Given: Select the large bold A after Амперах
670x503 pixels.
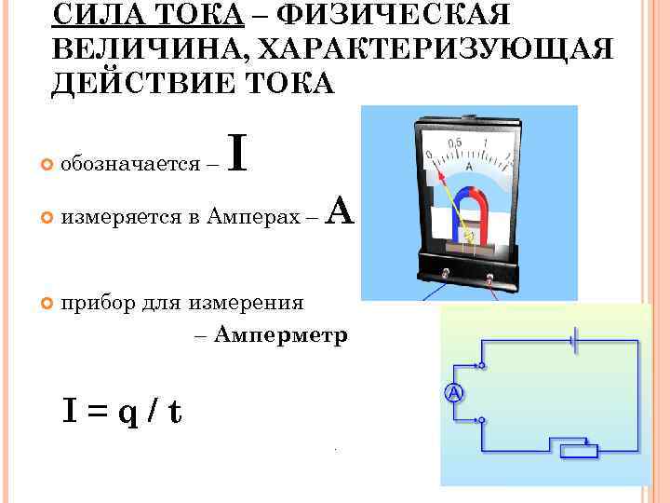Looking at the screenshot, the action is click(x=342, y=213).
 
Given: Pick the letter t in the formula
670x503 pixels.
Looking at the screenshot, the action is click(x=174, y=411).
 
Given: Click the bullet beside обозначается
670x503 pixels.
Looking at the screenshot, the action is click(x=46, y=165).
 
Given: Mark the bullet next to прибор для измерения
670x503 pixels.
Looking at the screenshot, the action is click(x=46, y=303).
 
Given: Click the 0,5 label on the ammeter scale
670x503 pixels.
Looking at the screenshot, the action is click(x=457, y=143).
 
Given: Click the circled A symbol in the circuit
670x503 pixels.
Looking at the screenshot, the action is click(x=453, y=393).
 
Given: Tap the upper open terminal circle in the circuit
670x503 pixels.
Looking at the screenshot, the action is click(x=481, y=367).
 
